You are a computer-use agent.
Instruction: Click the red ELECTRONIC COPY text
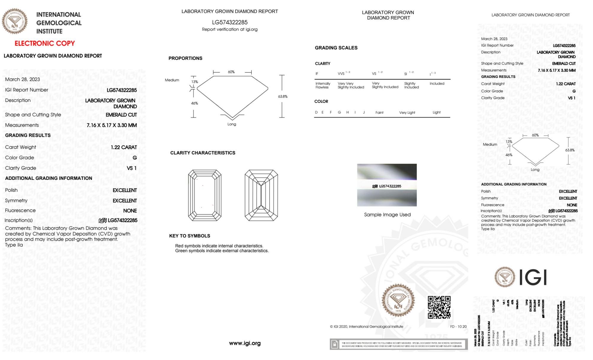pyautogui.click(x=45, y=44)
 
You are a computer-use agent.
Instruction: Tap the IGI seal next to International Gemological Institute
pyautogui.click(x=15, y=21)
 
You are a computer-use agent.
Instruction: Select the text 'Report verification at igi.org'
pyautogui.click(x=230, y=29)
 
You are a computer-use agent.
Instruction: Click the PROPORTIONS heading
pyautogui.click(x=185, y=58)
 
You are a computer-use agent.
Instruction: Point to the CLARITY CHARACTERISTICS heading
pyautogui.click(x=203, y=153)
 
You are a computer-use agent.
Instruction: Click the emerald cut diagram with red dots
pyautogui.click(x=205, y=195)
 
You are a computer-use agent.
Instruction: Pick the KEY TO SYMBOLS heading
pyautogui.click(x=190, y=236)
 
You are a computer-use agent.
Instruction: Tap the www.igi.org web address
pyautogui.click(x=245, y=343)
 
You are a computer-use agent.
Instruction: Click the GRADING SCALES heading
pyautogui.click(x=336, y=48)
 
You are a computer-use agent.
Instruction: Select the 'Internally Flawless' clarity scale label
pyautogui.click(x=323, y=85)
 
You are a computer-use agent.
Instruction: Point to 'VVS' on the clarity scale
pyautogui.click(x=341, y=73)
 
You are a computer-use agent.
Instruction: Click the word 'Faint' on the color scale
pyautogui.click(x=379, y=113)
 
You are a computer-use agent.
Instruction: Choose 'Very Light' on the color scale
pyautogui.click(x=407, y=113)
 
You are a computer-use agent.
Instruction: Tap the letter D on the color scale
pyautogui.click(x=316, y=112)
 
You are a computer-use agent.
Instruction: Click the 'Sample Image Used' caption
pyautogui.click(x=387, y=215)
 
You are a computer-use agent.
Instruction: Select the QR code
pyautogui.click(x=439, y=307)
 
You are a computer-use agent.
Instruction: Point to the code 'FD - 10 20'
pyautogui.click(x=458, y=327)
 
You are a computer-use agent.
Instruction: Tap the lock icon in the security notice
pyautogui.click(x=335, y=344)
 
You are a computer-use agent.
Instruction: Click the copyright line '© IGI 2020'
pyautogui.click(x=367, y=327)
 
